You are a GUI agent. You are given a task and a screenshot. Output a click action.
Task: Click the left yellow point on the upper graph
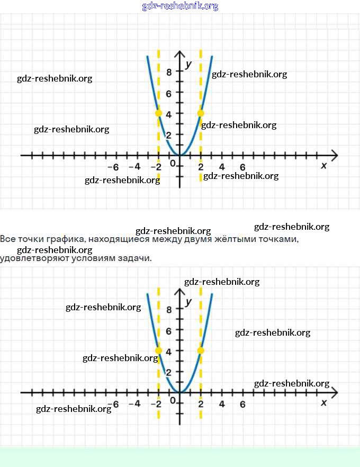click(x=158, y=113)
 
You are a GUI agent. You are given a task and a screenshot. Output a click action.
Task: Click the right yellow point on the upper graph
click(x=201, y=113)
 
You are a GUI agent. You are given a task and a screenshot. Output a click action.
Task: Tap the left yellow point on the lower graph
click(x=158, y=350)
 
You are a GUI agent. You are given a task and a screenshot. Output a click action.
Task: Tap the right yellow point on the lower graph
click(x=201, y=350)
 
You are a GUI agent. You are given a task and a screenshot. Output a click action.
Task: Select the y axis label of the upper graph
click(x=188, y=64)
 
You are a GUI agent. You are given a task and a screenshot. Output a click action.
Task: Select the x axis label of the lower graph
click(x=324, y=403)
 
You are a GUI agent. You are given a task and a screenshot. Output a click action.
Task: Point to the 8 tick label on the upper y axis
click(x=169, y=73)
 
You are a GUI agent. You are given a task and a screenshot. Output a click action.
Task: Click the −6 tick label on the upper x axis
click(x=113, y=167)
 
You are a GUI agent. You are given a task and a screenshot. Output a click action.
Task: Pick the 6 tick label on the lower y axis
click(x=169, y=331)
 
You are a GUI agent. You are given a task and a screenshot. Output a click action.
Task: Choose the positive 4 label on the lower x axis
click(x=222, y=404)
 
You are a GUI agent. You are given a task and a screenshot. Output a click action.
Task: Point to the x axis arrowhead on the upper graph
click(x=334, y=155)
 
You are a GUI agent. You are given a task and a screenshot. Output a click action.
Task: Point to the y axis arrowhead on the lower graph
click(x=179, y=293)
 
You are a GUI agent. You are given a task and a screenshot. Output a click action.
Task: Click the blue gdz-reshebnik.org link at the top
click(x=180, y=6)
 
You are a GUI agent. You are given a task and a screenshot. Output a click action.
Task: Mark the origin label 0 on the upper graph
click(x=173, y=164)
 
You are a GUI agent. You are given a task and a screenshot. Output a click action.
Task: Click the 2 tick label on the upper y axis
click(x=169, y=135)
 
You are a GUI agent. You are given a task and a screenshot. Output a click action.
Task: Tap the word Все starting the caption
click(x=8, y=239)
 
